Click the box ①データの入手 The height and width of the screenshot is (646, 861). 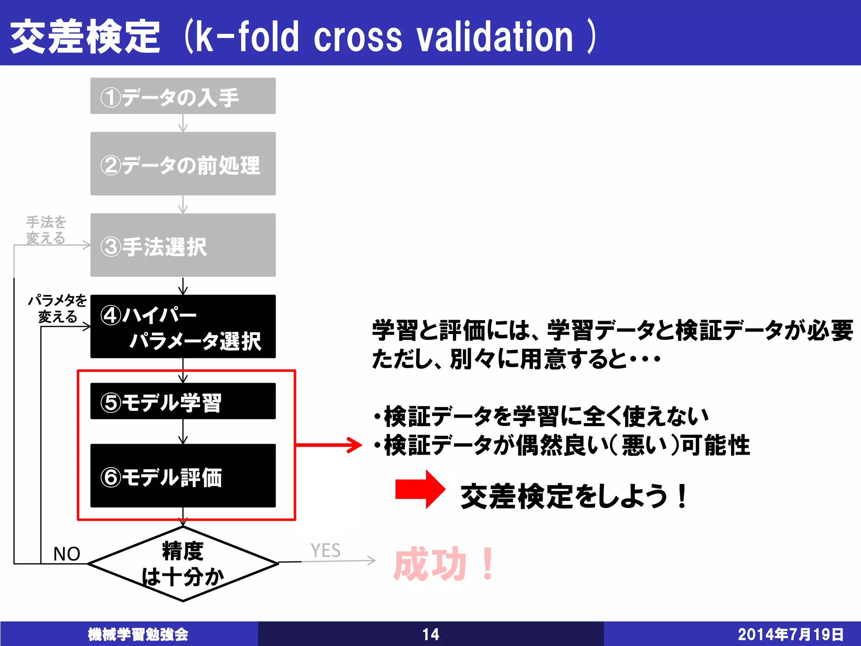click(183, 96)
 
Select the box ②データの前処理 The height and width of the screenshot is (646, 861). click(183, 164)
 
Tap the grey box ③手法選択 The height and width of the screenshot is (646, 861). click(183, 245)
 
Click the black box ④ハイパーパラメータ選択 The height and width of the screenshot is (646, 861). click(183, 326)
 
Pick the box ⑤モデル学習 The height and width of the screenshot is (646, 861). click(183, 401)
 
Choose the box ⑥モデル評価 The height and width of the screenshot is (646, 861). click(183, 476)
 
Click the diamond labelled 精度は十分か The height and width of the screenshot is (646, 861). click(183, 564)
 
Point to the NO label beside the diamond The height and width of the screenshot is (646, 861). click(66, 553)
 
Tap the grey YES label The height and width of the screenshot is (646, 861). click(325, 551)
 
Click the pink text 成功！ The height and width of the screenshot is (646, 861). click(444, 564)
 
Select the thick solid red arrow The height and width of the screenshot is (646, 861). click(420, 489)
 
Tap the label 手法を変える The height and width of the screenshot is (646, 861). click(46, 230)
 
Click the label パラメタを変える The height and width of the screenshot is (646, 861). click(58, 308)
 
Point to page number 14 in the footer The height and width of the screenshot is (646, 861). click(430, 634)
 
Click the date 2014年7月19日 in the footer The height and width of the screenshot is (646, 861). click(790, 634)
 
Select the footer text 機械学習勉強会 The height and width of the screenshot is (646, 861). click(138, 634)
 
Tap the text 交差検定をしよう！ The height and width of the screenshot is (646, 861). click(574, 496)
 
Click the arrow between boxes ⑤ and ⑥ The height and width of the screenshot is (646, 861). click(183, 431)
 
